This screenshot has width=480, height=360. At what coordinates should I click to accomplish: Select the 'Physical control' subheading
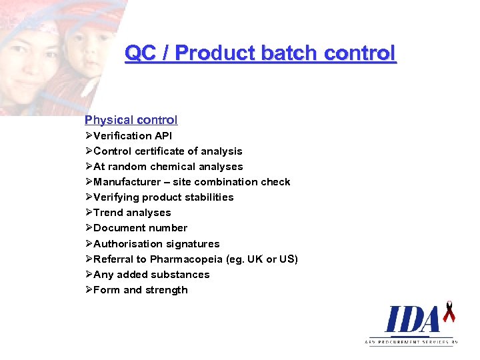pyautogui.click(x=131, y=120)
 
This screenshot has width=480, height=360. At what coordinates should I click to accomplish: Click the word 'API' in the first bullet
pyautogui.click(x=163, y=136)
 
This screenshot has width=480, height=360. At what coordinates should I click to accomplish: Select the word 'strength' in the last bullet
pyautogui.click(x=167, y=290)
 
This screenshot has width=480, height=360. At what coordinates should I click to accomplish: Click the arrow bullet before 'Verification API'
pyautogui.click(x=89, y=136)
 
